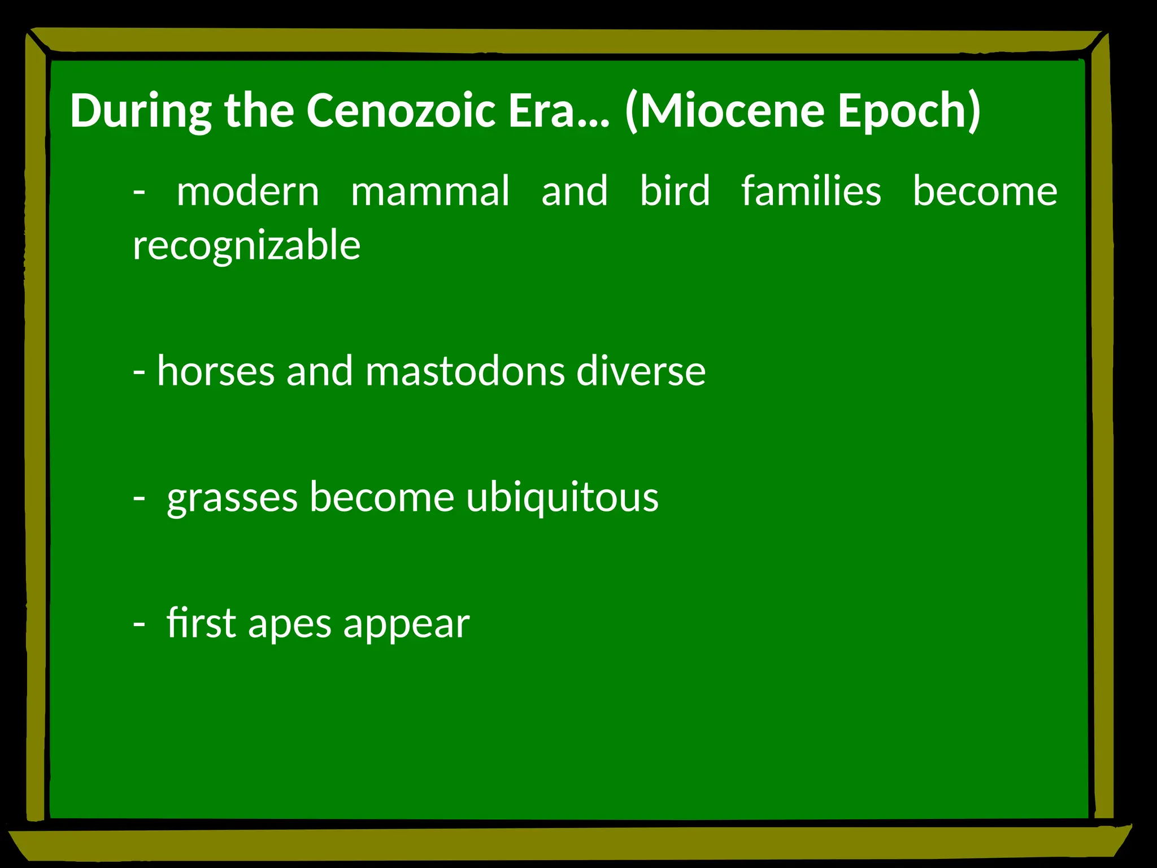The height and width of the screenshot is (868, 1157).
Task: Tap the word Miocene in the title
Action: [x=732, y=110]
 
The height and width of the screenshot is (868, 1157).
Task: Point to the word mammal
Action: [x=430, y=191]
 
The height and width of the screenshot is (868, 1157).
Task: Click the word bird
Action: [x=675, y=191]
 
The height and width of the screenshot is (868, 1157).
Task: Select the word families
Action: [x=811, y=191]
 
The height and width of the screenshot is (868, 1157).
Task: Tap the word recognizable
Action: [x=247, y=245]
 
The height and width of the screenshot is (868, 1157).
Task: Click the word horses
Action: [x=216, y=371]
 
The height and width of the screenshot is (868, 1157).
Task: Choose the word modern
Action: [x=248, y=191]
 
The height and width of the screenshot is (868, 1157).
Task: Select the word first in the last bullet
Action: [x=201, y=623]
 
